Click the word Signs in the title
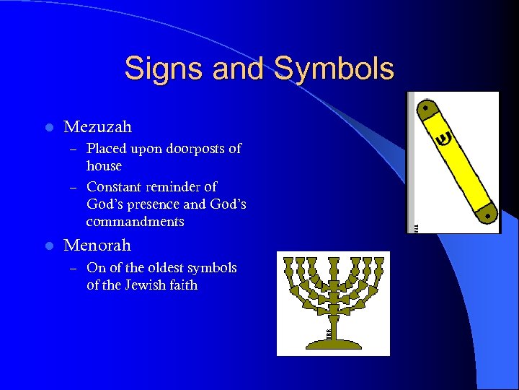[x=159, y=69]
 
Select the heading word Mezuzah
[x=98, y=127]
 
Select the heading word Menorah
[x=97, y=246]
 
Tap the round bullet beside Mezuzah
[x=48, y=128]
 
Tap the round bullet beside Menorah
[x=48, y=246]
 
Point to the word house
[x=104, y=165]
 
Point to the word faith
[x=183, y=285]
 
